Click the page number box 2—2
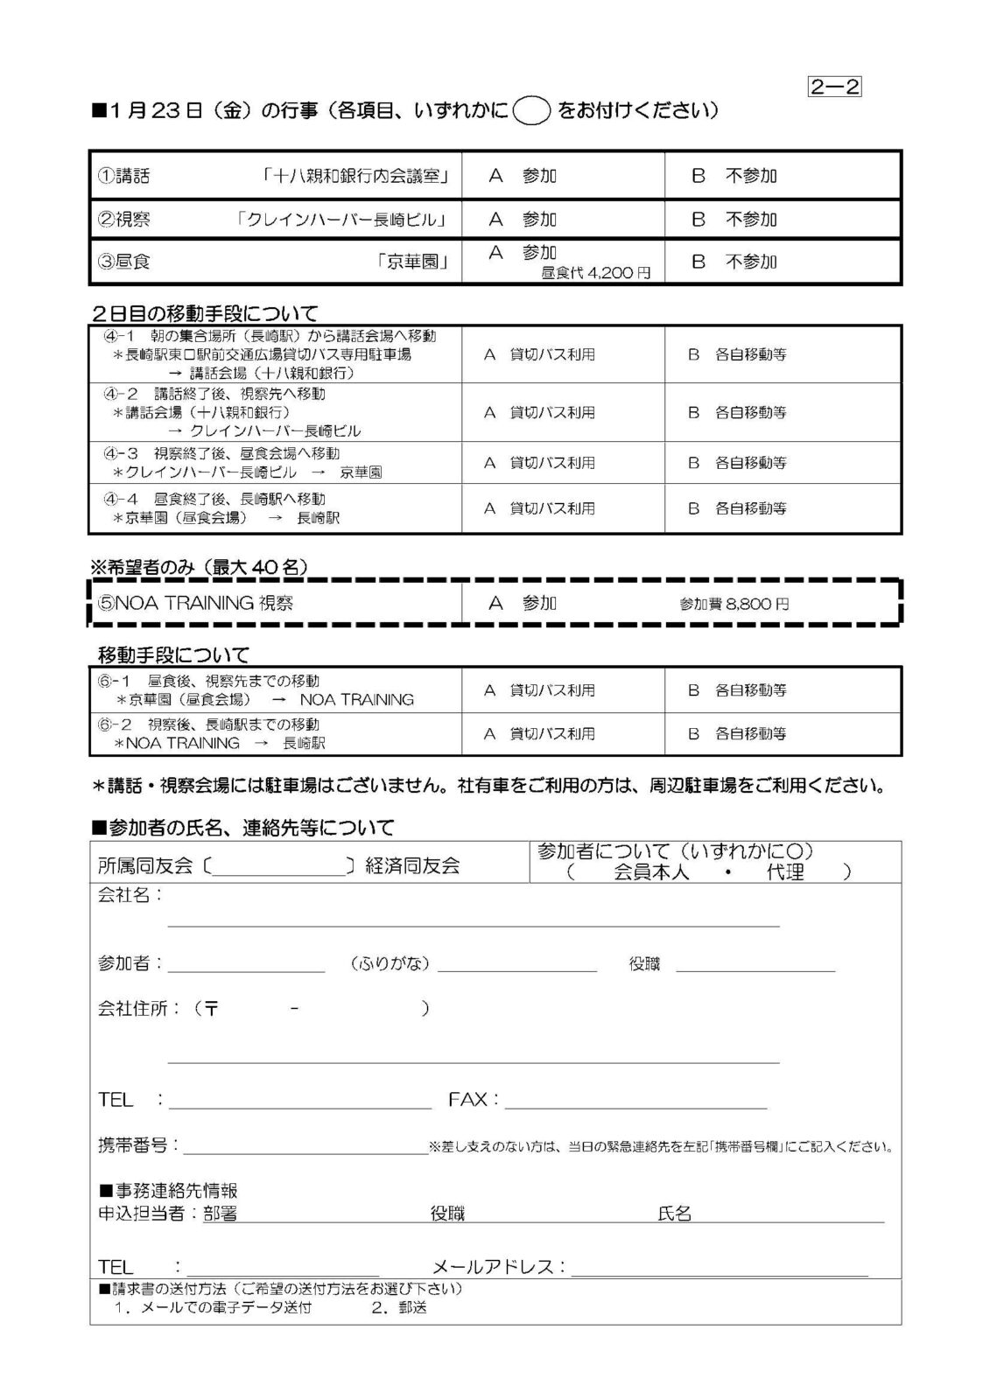(x=835, y=87)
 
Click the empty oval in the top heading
(x=531, y=112)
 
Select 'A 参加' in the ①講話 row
(x=523, y=176)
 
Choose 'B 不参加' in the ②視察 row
(x=734, y=220)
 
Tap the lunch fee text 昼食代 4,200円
(x=596, y=273)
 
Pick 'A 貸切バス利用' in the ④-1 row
(x=539, y=354)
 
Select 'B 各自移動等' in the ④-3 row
(x=737, y=462)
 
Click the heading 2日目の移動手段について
(x=205, y=312)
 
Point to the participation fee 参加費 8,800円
(x=734, y=604)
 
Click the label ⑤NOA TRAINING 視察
(x=195, y=603)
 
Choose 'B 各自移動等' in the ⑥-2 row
(x=737, y=733)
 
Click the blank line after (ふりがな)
(x=516, y=965)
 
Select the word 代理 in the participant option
(x=784, y=871)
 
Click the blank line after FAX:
(x=635, y=1101)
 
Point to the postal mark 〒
(x=211, y=1009)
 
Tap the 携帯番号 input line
(x=305, y=1146)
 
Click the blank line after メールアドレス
(x=720, y=1268)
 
